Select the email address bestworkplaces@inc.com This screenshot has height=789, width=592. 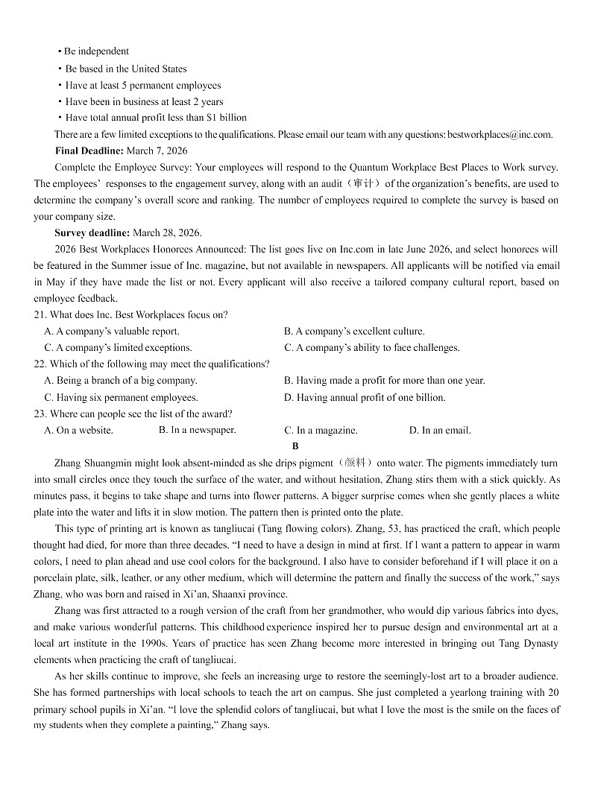[x=500, y=135]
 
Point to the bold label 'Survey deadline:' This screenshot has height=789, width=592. [x=92, y=233]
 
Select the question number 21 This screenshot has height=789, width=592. [x=40, y=315]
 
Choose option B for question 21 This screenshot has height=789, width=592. [x=353, y=332]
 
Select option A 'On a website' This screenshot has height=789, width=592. [x=78, y=431]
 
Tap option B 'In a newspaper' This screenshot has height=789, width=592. [x=197, y=430]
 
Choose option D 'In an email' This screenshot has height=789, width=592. [x=439, y=431]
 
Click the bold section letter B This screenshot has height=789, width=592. [x=295, y=446]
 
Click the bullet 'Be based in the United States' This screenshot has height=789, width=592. [x=125, y=69]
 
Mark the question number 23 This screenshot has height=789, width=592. [x=40, y=414]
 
